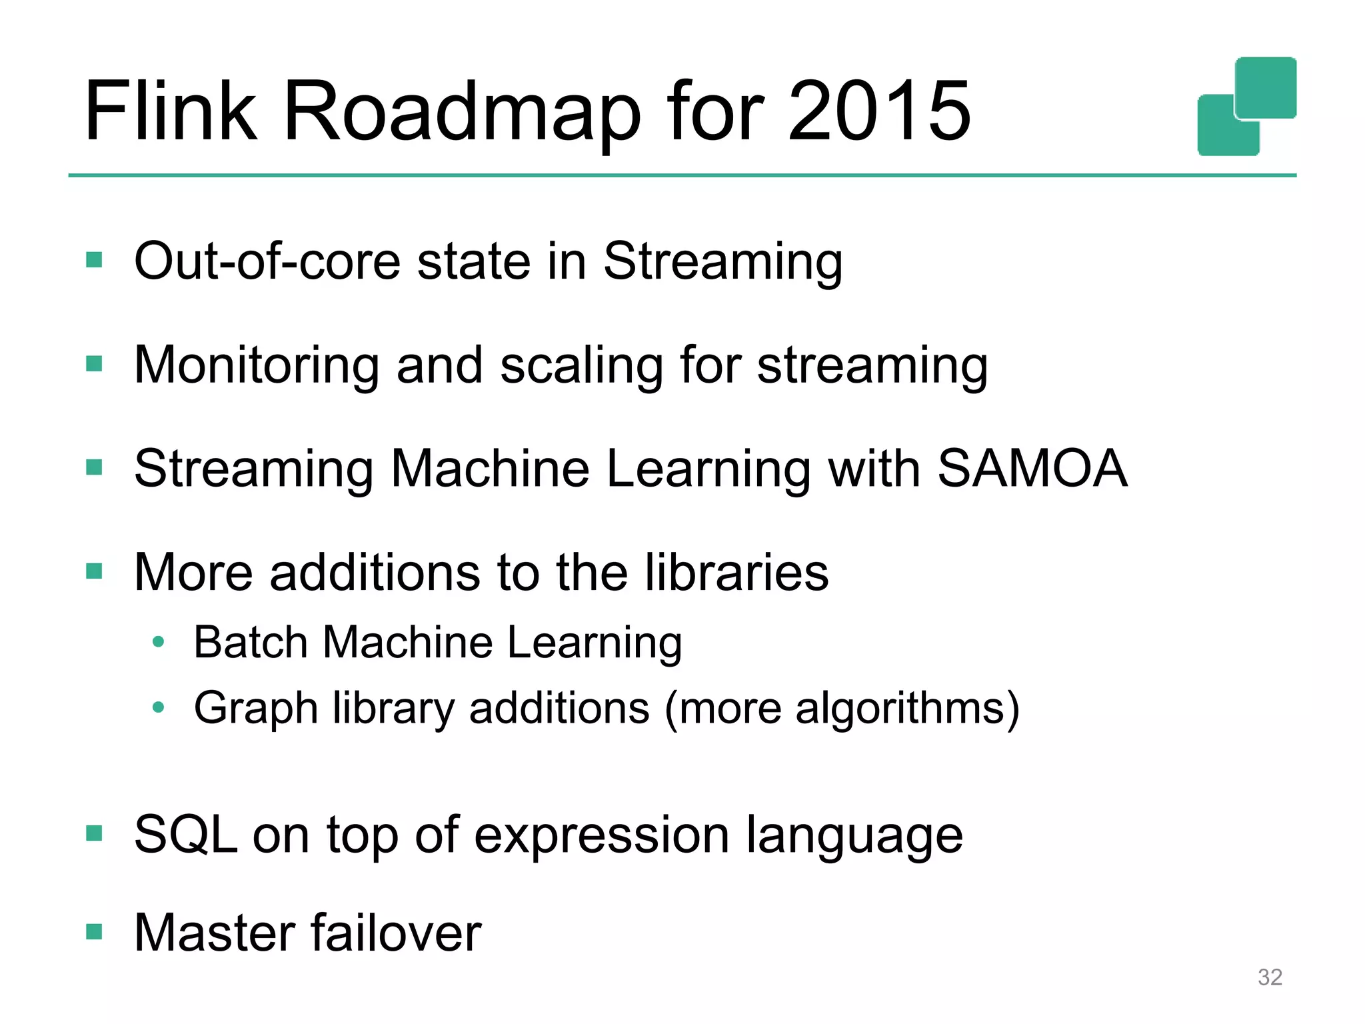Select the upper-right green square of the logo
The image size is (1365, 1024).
pyautogui.click(x=1265, y=87)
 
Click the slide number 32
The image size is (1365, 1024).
pyautogui.click(x=1270, y=977)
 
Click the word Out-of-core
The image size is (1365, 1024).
pyautogui.click(x=267, y=261)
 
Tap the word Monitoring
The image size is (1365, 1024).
pyautogui.click(x=257, y=366)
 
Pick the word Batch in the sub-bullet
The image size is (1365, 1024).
pyautogui.click(x=251, y=642)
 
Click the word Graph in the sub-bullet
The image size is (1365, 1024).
pyautogui.click(x=255, y=709)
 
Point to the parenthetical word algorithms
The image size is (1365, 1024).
pyautogui.click(x=900, y=708)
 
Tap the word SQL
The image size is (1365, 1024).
pyautogui.click(x=185, y=835)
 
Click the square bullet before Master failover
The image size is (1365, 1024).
pyautogui.click(x=94, y=931)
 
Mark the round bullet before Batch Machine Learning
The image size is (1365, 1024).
pyautogui.click(x=158, y=642)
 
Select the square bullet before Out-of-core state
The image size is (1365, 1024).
pyautogui.click(x=94, y=259)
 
